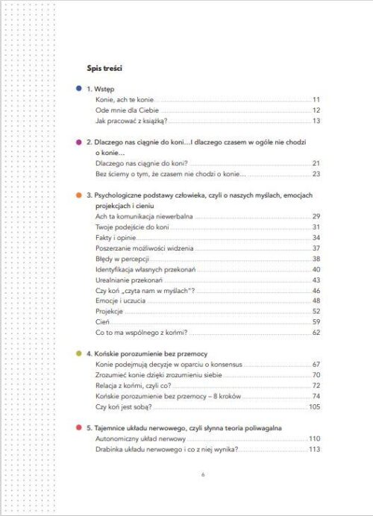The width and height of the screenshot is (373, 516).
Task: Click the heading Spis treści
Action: (x=104, y=69)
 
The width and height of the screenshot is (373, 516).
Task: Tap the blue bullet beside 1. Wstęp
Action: (x=78, y=88)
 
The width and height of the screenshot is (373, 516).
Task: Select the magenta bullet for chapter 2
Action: (x=78, y=141)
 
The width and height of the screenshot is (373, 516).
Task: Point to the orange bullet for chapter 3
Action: (x=78, y=195)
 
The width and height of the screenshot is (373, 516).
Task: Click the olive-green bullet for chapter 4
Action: (x=78, y=353)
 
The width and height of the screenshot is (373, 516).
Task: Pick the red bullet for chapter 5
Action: (x=78, y=427)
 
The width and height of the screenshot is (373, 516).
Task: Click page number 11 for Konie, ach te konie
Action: (x=316, y=99)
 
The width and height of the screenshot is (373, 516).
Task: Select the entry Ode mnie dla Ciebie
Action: (x=123, y=110)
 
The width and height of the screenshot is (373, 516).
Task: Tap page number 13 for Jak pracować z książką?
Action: (x=316, y=120)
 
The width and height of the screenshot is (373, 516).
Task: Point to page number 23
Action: (x=316, y=173)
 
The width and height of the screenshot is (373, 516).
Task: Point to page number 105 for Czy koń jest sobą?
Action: (x=314, y=406)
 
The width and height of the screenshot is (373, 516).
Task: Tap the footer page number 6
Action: (x=203, y=474)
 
